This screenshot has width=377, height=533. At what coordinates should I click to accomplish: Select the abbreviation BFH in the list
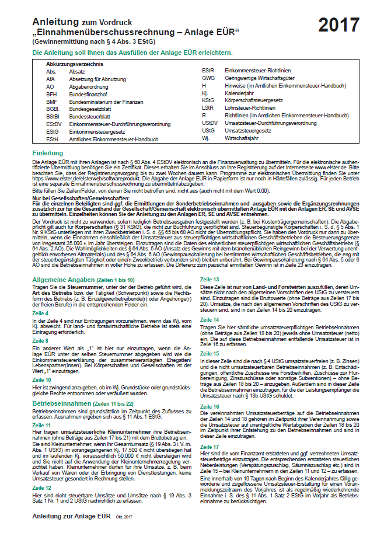pyautogui.click(x=52, y=93)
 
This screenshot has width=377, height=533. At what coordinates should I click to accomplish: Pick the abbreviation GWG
pyautogui.click(x=208, y=78)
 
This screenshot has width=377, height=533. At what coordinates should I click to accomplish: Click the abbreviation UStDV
pyautogui.click(x=210, y=123)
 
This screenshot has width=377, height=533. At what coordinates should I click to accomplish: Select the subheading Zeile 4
pyautogui.click(x=40, y=313)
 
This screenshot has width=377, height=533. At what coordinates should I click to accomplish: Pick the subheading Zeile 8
pyautogui.click(x=40, y=339)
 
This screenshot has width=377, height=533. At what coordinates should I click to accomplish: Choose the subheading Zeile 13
pyautogui.click(x=210, y=280)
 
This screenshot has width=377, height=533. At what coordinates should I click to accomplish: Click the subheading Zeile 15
pyautogui.click(x=210, y=353)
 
